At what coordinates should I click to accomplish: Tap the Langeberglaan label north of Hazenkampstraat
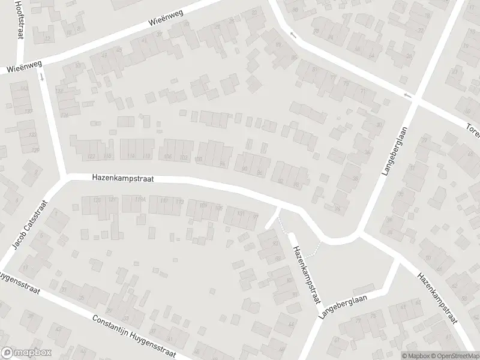tap(394, 150)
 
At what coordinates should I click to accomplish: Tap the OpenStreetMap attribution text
tap(455, 355)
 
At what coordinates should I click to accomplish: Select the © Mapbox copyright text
tap(415, 355)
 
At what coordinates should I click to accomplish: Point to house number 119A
tap(140, 199)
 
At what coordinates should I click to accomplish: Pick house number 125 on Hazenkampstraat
tap(97, 199)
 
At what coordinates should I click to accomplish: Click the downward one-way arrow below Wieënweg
tap(41, 77)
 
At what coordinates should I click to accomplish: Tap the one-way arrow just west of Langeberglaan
tap(408, 95)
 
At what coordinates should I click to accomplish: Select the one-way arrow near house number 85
tap(293, 35)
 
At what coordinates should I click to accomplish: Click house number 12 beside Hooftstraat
tap(47, 39)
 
